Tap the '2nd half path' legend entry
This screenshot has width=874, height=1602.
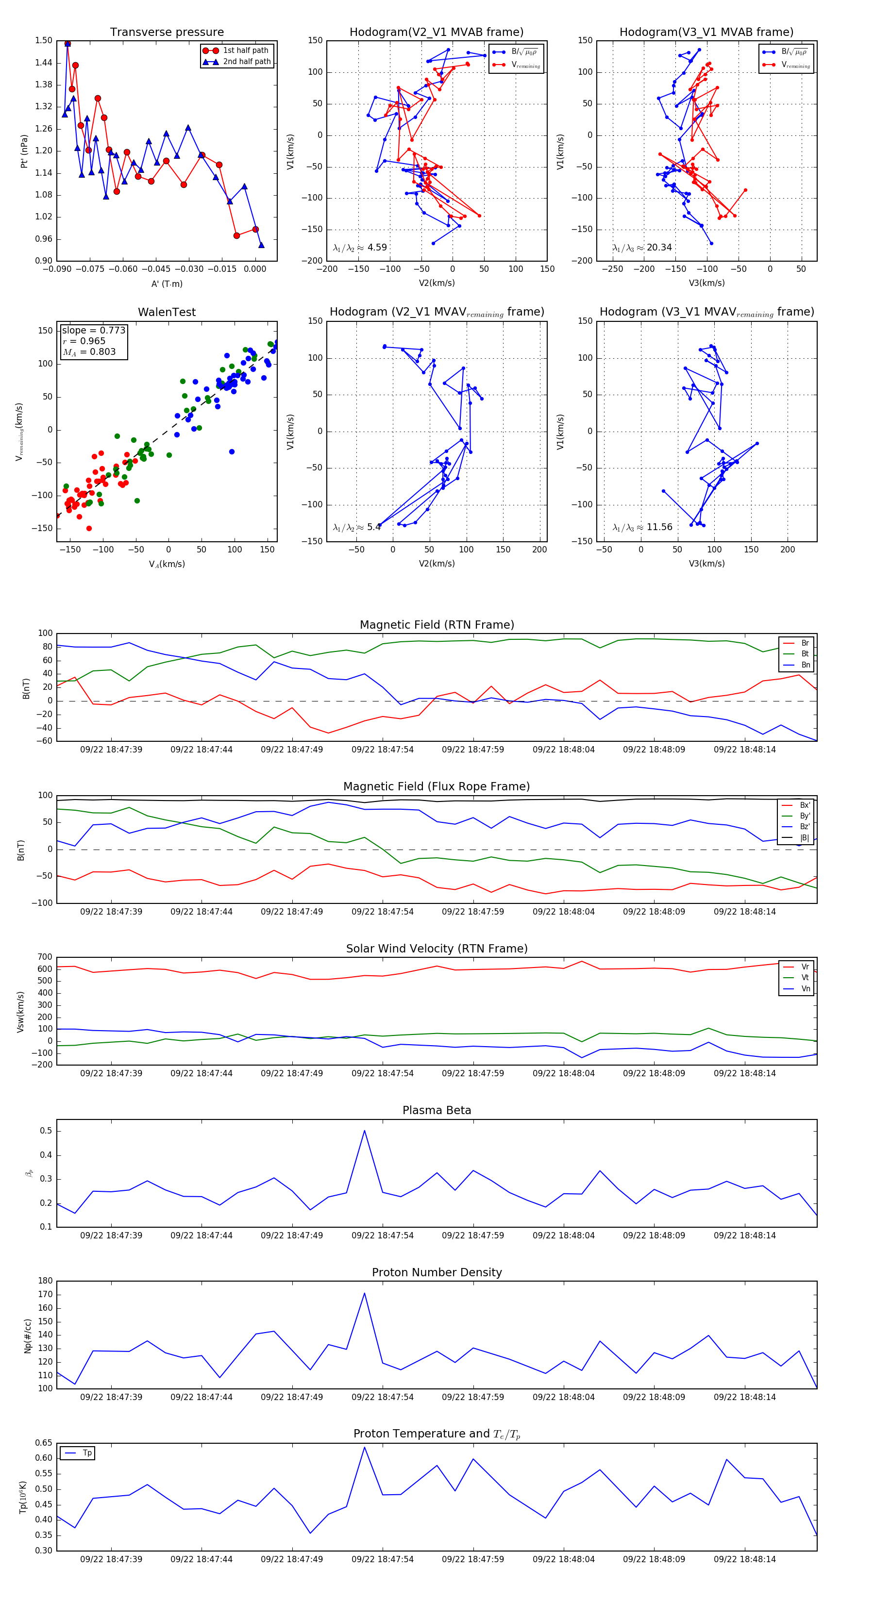click(x=246, y=62)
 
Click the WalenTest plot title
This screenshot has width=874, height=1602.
click(x=167, y=312)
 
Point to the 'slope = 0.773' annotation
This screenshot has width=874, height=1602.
click(x=93, y=330)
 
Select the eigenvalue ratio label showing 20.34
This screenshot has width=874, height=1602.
click(x=642, y=248)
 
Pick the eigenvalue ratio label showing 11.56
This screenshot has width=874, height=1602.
click(x=642, y=527)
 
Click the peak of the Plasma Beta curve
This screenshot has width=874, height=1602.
click(x=365, y=1131)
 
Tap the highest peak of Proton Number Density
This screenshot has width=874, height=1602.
click(x=365, y=1294)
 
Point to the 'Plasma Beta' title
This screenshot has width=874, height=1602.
click(x=437, y=1110)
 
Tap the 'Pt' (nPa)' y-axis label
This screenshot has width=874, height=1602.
click(x=24, y=151)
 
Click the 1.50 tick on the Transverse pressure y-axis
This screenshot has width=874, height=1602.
click(x=44, y=40)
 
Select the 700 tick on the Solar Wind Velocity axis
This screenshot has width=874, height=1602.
click(x=45, y=957)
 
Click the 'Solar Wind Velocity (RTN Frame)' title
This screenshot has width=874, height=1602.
click(x=437, y=949)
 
